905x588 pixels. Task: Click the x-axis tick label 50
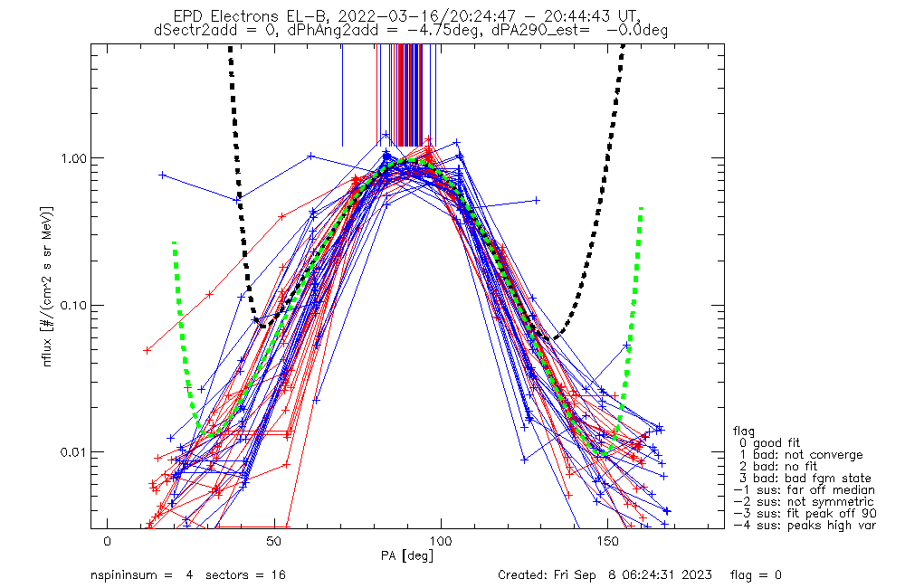point(274,541)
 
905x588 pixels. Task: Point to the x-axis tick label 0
point(108,541)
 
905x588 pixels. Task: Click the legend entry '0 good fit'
point(786,442)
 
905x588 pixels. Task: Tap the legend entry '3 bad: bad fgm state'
point(802,478)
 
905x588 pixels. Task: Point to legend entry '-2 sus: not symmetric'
point(804,501)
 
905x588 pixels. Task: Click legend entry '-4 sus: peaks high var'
point(804,525)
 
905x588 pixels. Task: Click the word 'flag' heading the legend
point(745,431)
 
